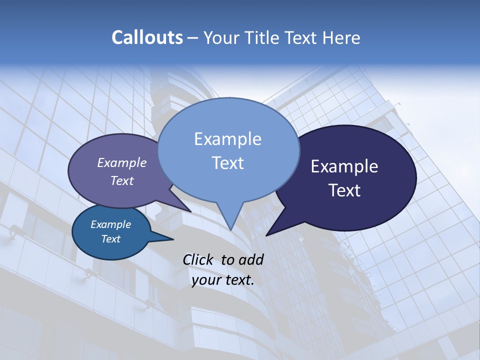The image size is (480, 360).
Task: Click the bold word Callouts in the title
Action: tap(147, 37)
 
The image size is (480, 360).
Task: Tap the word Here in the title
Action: tap(341, 38)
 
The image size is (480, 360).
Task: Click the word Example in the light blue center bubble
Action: tap(227, 138)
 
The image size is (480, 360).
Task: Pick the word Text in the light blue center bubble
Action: tap(227, 162)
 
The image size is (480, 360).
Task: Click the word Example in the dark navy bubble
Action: tap(344, 166)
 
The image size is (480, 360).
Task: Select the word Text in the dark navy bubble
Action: tap(344, 190)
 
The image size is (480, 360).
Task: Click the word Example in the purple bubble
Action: tap(121, 162)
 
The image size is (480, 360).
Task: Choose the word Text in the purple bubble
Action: tap(121, 180)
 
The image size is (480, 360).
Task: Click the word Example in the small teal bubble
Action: tap(110, 224)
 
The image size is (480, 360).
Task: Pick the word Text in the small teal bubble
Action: tap(110, 239)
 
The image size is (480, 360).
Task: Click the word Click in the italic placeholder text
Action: tap(197, 259)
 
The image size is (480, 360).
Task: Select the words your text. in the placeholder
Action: tap(222, 280)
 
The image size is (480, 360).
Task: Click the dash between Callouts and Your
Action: tap(193, 38)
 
